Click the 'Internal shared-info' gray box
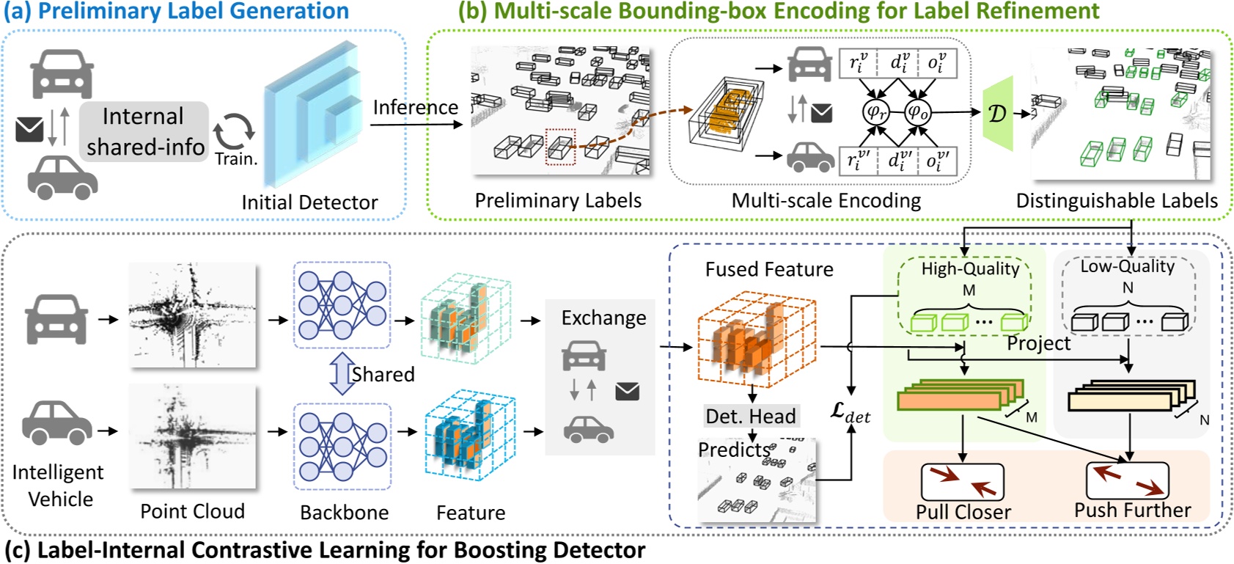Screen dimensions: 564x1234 pos(144,131)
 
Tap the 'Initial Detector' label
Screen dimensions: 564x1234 pos(309,202)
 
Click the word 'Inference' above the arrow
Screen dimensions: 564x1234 pos(415,108)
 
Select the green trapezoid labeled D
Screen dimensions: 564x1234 pos(998,114)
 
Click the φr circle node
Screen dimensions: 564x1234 pos(875,112)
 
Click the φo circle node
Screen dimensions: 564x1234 pos(917,112)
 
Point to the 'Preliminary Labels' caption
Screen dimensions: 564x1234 pos(558,200)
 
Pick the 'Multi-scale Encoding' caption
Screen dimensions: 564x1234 pos(826,200)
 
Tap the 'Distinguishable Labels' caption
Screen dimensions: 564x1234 pos(1116,200)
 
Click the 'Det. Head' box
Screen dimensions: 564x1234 pos(751,416)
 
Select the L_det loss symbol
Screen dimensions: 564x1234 pos(850,413)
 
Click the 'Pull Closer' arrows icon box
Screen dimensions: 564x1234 pos(962,482)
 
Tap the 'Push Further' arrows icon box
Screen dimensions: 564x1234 pos(1127,480)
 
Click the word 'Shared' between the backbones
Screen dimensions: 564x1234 pos(383,374)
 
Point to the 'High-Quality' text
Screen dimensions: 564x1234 pos(970,268)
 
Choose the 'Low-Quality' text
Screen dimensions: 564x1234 pos(1127,266)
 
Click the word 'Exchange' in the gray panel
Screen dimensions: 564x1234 pos(603,318)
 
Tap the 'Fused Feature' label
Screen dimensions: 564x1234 pos(768,269)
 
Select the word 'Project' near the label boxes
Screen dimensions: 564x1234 pos(1038,343)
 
